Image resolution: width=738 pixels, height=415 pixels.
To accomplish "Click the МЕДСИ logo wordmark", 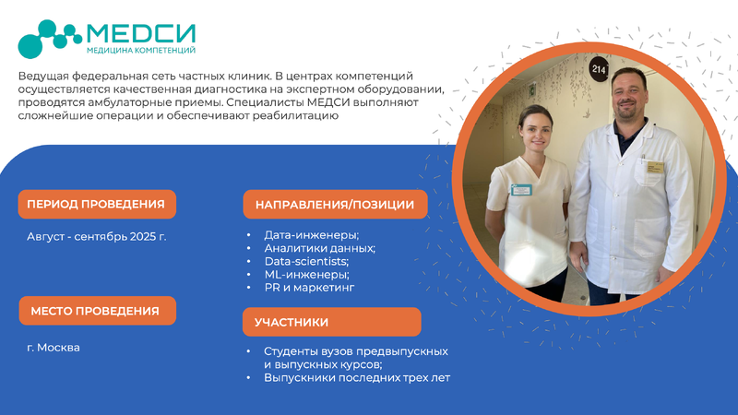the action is click(141, 33).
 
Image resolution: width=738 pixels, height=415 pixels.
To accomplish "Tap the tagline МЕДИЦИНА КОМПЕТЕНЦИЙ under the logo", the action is click(141, 51).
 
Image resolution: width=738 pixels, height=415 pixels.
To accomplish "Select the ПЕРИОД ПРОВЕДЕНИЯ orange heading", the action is click(97, 204).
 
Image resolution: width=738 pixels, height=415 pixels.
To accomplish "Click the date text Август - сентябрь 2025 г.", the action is click(97, 236).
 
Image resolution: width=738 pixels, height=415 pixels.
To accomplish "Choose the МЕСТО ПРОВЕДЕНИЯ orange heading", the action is click(98, 311).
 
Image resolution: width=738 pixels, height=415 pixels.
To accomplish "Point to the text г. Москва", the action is click(54, 348).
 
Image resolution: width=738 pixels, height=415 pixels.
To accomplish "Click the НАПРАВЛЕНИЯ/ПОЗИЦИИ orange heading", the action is click(335, 205).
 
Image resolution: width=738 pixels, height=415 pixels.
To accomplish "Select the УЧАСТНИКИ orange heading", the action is click(332, 322).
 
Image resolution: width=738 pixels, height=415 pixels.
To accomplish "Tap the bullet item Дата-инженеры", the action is click(312, 235).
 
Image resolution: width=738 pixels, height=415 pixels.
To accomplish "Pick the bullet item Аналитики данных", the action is click(319, 248).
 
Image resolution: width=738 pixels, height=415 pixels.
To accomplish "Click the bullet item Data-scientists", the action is click(306, 261).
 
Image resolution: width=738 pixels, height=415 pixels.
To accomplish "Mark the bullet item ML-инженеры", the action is click(306, 274).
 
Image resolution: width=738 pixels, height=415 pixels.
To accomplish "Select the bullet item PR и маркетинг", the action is click(309, 288).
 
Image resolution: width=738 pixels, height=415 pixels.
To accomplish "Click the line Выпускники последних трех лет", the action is click(357, 378).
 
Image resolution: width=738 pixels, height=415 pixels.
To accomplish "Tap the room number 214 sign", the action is click(599, 70).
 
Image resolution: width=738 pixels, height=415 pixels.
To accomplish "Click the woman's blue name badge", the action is click(521, 190).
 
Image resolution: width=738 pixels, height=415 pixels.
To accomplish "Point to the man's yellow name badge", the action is click(655, 167).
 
